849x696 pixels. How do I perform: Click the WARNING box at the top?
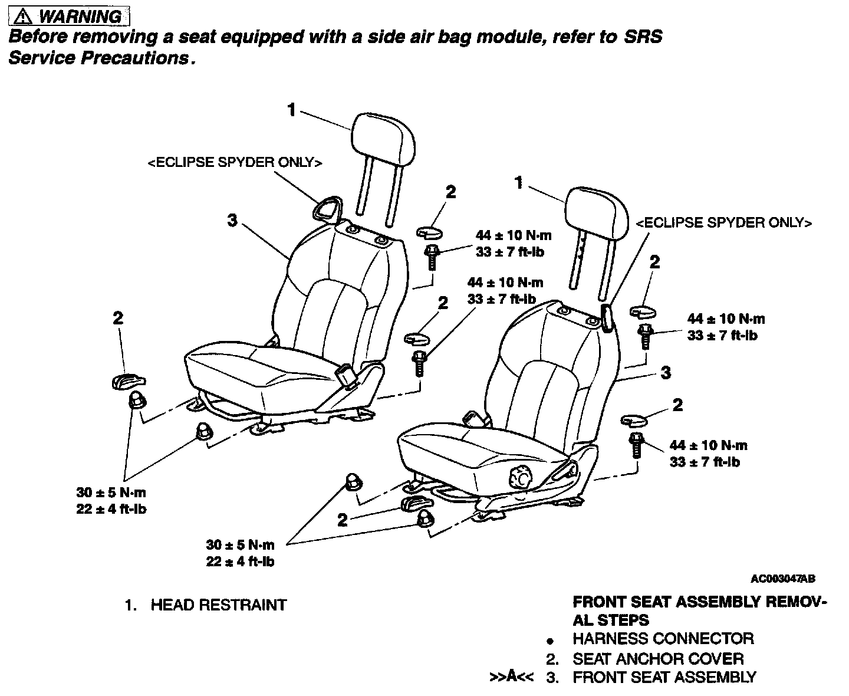[69, 17]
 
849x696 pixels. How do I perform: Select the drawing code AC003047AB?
[783, 579]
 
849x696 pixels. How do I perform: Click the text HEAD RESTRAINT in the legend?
[218, 605]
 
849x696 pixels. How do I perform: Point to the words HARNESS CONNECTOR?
[663, 639]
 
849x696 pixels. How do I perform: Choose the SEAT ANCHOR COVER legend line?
[658, 659]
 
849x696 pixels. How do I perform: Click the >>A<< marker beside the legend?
[511, 678]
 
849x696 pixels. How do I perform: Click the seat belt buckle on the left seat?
[346, 376]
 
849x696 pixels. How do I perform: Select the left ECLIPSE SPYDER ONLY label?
[235, 163]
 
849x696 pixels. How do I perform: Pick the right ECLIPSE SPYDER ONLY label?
[724, 223]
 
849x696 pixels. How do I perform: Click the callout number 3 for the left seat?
[232, 220]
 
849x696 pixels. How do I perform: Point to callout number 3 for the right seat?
[666, 373]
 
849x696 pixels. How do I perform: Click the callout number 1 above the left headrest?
[291, 110]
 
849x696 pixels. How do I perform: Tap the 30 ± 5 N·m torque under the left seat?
[111, 493]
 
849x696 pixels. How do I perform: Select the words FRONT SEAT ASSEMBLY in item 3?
[664, 678]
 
